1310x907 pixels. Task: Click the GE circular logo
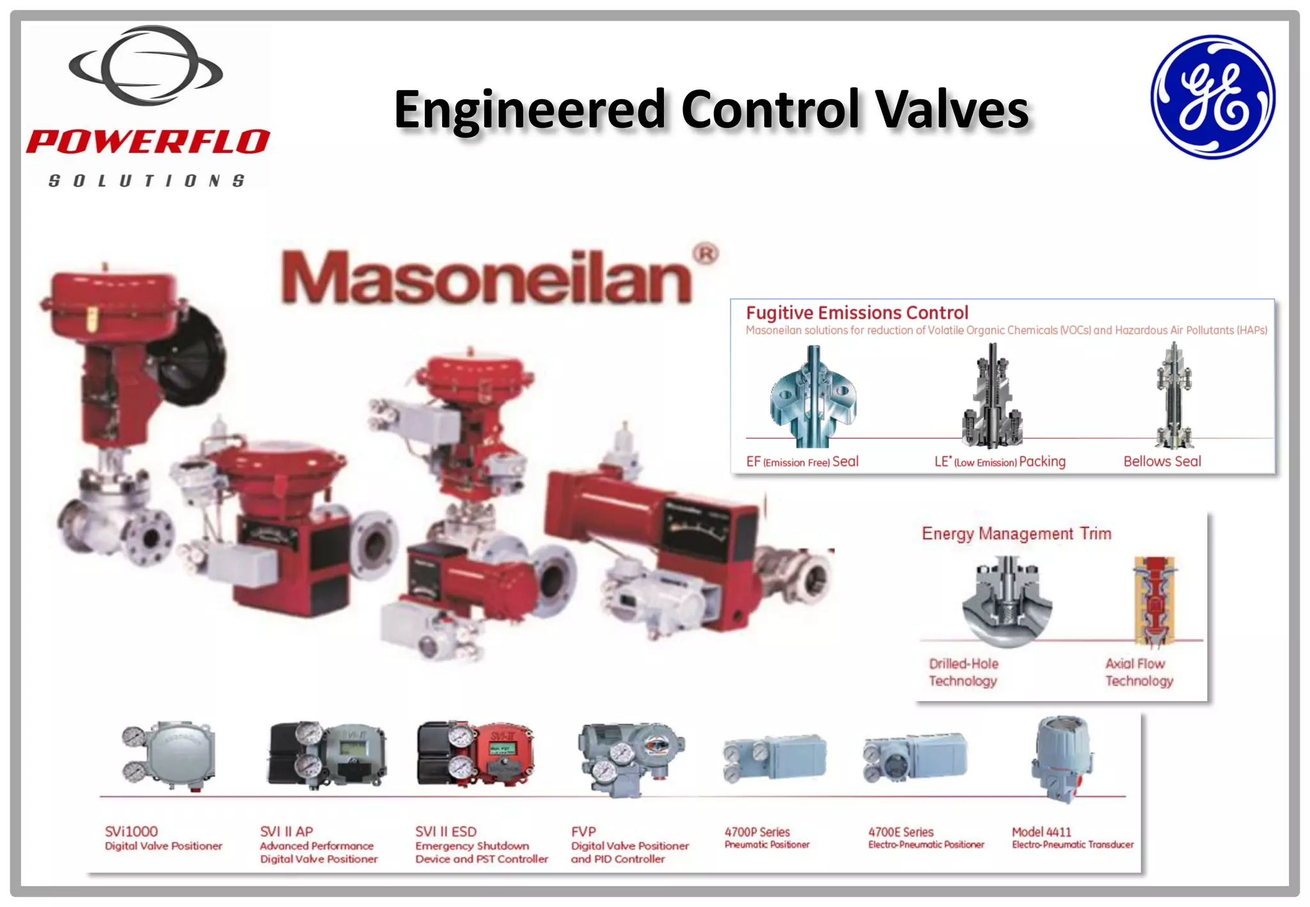pos(1212,97)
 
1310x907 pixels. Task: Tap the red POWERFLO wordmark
pos(148,142)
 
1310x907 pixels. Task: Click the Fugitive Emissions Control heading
pos(856,313)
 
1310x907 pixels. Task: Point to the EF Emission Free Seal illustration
pos(812,397)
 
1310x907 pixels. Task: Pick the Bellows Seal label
pos(1162,461)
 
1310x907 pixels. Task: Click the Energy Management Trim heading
pos(1016,533)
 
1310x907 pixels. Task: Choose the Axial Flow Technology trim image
pos(1155,600)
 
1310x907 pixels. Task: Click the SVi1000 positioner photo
pos(170,755)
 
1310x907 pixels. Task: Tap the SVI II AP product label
pos(286,832)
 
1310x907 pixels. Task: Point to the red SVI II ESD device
pos(475,755)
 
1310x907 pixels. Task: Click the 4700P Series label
pos(757,832)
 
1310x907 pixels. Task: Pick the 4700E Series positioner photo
pos(915,758)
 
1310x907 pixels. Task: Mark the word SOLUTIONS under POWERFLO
pos(146,181)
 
